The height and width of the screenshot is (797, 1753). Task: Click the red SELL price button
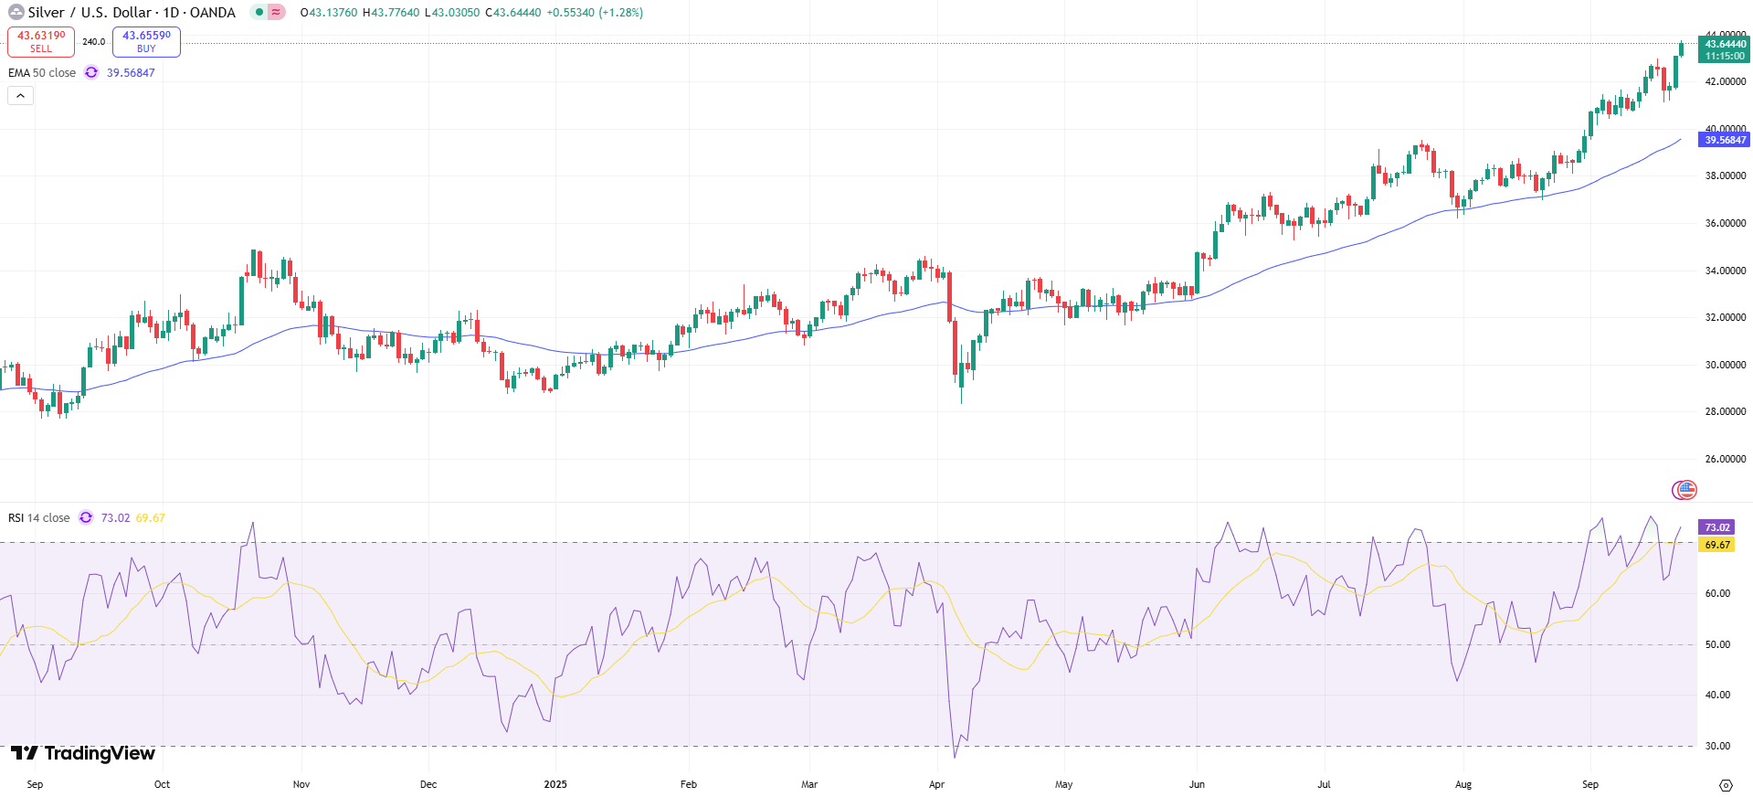[x=41, y=42]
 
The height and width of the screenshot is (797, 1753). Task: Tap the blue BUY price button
[x=146, y=42]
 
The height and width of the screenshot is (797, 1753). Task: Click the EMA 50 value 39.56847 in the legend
[x=131, y=73]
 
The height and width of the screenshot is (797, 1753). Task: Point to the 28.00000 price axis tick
[x=1725, y=412]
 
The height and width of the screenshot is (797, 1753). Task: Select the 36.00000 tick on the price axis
[x=1725, y=223]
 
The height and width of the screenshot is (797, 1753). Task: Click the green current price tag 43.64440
[x=1725, y=44]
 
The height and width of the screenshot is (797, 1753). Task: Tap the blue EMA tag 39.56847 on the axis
[x=1725, y=140]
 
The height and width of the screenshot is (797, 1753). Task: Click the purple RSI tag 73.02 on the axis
[x=1716, y=527]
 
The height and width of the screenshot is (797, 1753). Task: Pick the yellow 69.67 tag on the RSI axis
[x=1716, y=545]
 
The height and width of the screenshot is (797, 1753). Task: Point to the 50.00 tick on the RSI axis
[x=1717, y=644]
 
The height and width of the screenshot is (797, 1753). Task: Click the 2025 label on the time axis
[x=555, y=784]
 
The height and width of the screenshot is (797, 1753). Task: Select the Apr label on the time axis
[x=936, y=784]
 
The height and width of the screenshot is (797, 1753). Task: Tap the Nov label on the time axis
[x=301, y=784]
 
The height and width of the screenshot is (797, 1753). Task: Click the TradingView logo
[x=83, y=753]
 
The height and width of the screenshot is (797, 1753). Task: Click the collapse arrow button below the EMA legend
[x=20, y=95]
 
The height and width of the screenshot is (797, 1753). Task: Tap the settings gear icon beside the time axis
[x=1726, y=785]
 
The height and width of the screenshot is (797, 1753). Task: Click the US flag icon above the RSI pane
[x=1686, y=490]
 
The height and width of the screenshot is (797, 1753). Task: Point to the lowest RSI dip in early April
[x=956, y=757]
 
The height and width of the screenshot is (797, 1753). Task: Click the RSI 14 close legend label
[x=39, y=518]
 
